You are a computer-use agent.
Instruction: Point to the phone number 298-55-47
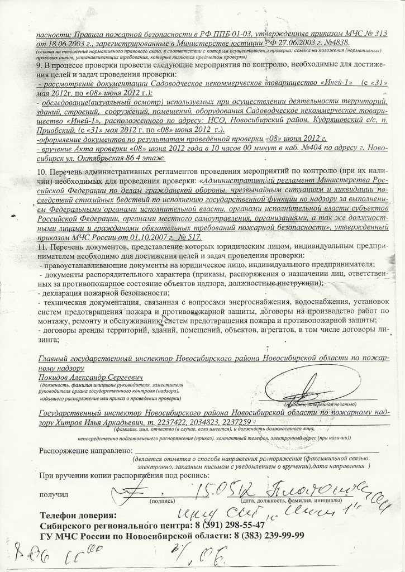pos(237,525)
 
